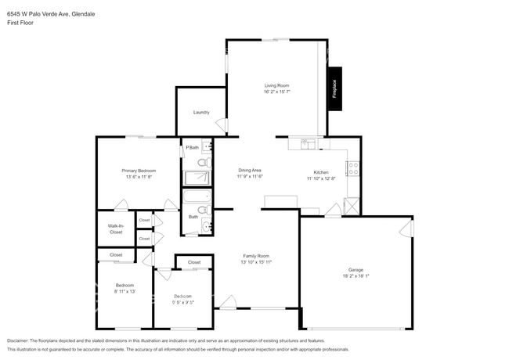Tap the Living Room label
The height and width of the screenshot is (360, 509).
pyautogui.click(x=276, y=85)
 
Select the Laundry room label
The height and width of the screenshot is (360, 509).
pyautogui.click(x=201, y=112)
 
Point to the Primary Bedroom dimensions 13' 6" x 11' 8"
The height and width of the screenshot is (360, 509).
pyautogui.click(x=139, y=177)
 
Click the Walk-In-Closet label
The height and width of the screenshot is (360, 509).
pyautogui.click(x=115, y=229)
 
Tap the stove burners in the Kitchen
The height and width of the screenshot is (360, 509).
pyautogui.click(x=352, y=167)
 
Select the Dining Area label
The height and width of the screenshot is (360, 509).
pyautogui.click(x=250, y=170)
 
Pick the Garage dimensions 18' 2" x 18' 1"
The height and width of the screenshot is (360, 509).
pyautogui.click(x=356, y=275)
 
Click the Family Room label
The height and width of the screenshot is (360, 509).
pyautogui.click(x=255, y=256)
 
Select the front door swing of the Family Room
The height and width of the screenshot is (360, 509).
pyautogui.click(x=228, y=301)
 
